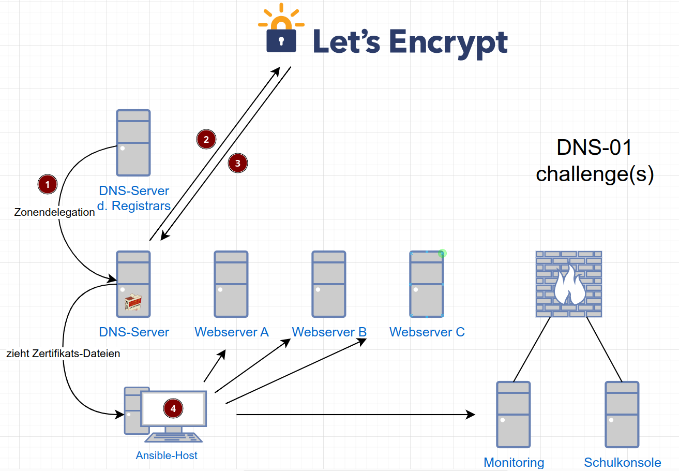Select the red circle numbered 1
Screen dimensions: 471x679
coord(47,184)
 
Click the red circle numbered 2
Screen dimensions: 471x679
coord(206,139)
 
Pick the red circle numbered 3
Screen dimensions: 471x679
coord(237,163)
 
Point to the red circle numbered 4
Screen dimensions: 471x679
coord(173,408)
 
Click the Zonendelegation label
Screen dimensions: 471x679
coord(54,212)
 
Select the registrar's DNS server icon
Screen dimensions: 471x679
coord(133,142)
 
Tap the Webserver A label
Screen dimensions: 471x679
coord(232,332)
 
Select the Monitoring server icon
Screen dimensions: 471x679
coord(513,414)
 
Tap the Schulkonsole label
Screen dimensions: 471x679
coord(623,462)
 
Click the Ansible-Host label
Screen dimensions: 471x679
coord(167,455)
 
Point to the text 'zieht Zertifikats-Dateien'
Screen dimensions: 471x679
coord(63,354)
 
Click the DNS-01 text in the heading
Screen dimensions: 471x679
coord(594,148)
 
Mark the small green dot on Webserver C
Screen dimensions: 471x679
coord(442,253)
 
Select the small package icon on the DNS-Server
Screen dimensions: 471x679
coord(134,303)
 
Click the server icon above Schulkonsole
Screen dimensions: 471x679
coord(622,414)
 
